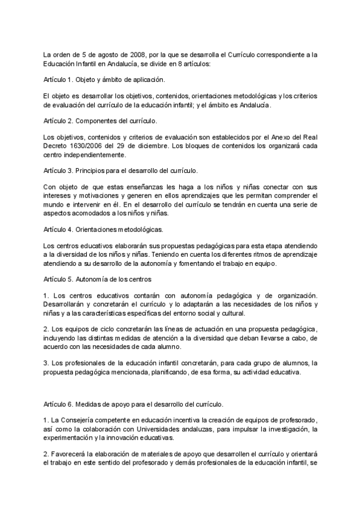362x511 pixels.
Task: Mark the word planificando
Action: coord(180,372)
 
